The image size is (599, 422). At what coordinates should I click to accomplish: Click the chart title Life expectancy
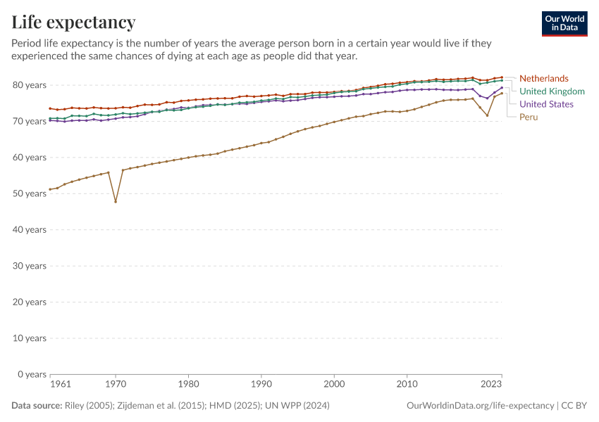[74, 22]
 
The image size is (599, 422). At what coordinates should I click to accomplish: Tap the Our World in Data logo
[564, 23]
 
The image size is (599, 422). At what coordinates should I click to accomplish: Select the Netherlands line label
[543, 78]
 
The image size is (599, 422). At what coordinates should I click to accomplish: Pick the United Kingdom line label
[552, 91]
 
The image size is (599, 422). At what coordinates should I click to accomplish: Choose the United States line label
[546, 104]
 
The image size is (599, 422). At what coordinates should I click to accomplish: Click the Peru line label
[529, 117]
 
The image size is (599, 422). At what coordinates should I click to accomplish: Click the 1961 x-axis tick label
[60, 385]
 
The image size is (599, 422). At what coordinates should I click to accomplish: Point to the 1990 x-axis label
[261, 385]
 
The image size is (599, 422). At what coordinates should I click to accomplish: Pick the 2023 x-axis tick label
[491, 385]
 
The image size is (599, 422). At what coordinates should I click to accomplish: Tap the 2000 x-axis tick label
[334, 385]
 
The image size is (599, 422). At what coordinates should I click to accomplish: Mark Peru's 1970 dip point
[116, 202]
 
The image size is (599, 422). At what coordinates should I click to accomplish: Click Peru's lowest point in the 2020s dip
[487, 115]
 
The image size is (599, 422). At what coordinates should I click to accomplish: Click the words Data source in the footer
[36, 406]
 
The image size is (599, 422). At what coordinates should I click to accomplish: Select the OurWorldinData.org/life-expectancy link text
[480, 406]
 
